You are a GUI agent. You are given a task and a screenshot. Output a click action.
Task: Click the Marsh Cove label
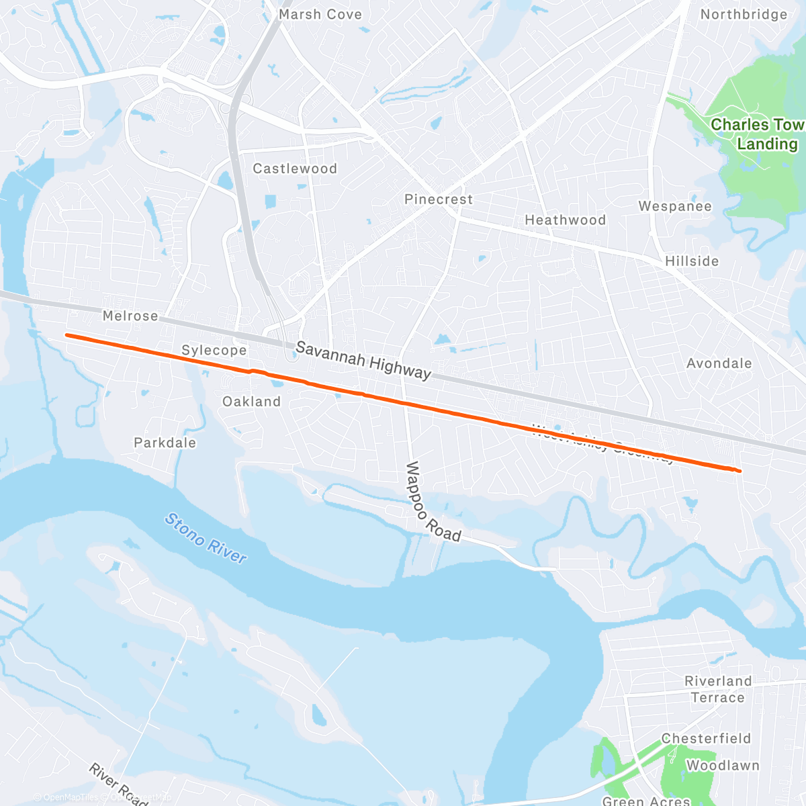320,14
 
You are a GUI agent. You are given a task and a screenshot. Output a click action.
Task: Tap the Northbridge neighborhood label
744,14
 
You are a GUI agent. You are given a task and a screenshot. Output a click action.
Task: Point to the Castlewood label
295,169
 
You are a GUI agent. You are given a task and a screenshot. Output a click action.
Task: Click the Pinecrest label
439,199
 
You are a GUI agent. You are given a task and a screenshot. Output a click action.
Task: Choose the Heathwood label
565,220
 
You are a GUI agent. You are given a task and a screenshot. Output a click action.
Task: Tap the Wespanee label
675,206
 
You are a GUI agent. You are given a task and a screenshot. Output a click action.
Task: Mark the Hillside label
692,261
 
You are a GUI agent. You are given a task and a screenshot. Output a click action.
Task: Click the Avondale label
719,363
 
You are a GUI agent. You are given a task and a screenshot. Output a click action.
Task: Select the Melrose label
130,316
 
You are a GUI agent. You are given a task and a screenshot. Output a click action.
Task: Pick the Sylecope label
214,350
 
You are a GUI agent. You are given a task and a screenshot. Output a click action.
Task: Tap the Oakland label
251,402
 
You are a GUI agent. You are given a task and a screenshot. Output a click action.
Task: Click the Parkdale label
165,443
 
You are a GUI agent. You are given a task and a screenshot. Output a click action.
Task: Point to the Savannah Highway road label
363,360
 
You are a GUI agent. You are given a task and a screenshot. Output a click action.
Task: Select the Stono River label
206,538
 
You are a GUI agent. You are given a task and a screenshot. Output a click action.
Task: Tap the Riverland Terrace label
717,689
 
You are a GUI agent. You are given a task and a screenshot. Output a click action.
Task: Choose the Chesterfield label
706,739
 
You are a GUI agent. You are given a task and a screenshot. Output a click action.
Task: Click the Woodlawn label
723,766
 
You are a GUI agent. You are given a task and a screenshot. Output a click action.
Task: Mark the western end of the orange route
66,334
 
